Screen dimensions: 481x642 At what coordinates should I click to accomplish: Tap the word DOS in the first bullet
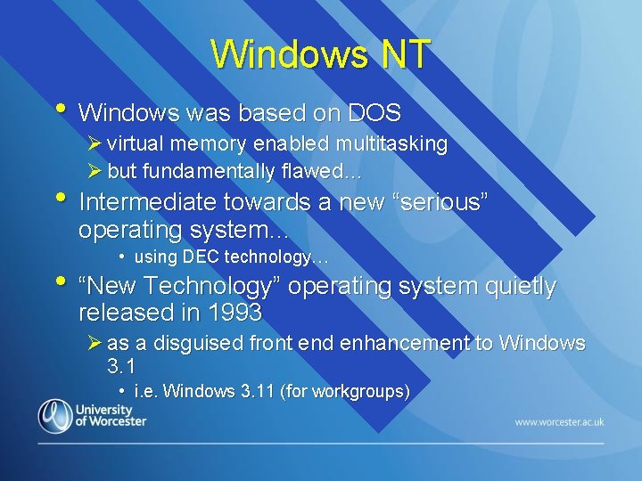(x=374, y=113)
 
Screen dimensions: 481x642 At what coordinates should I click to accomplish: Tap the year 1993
(x=234, y=313)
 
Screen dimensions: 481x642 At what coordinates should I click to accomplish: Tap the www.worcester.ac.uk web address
(x=559, y=420)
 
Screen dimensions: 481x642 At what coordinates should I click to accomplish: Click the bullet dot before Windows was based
(x=61, y=109)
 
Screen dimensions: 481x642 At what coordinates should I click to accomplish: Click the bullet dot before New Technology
(x=61, y=282)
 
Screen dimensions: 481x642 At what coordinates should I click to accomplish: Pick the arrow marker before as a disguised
(x=95, y=343)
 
